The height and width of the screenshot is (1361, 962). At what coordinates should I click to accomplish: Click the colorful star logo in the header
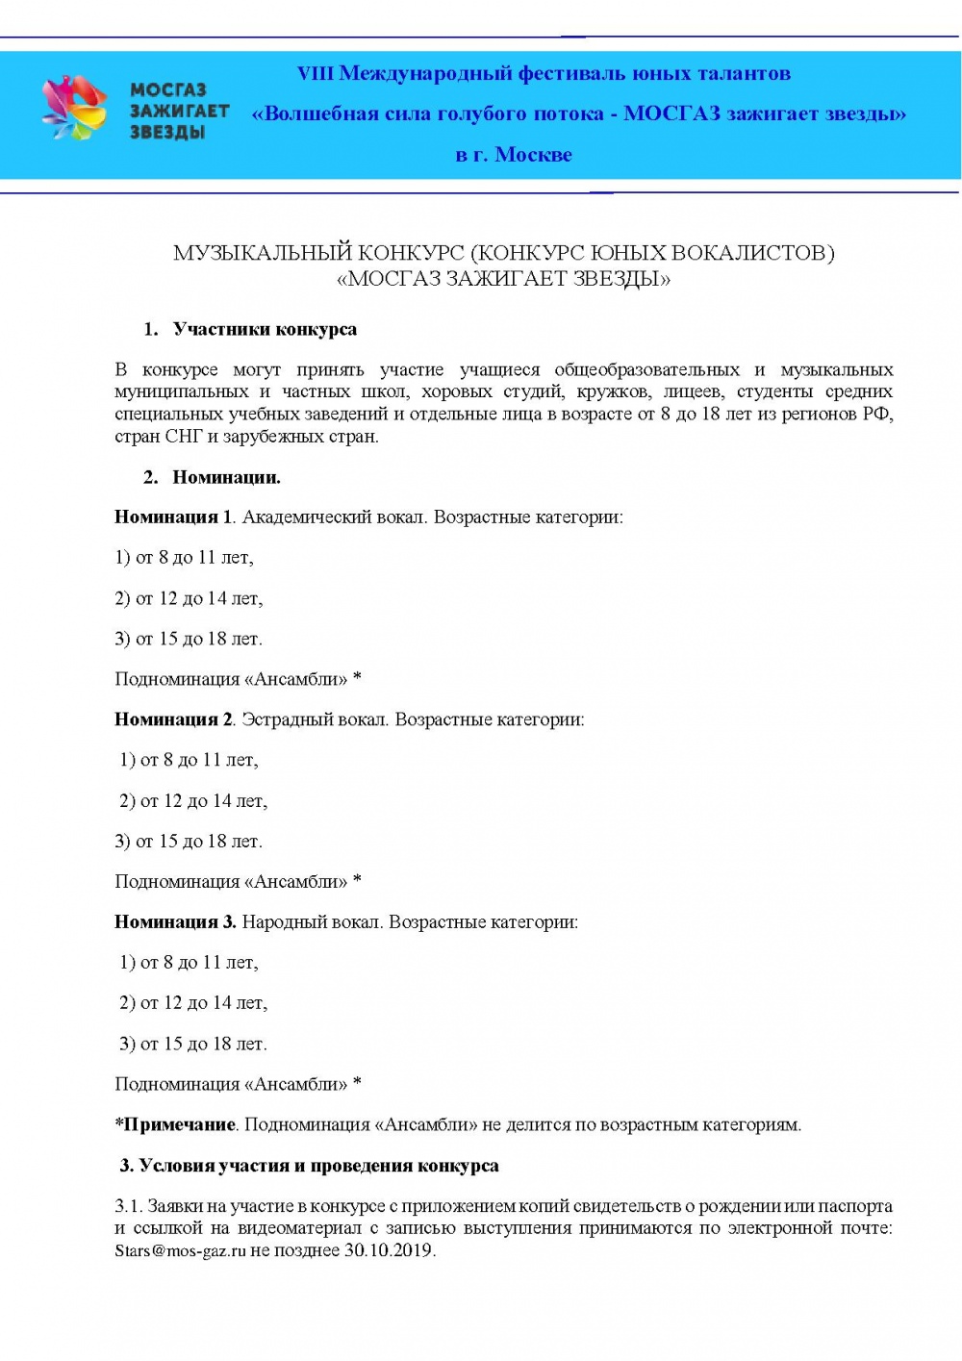click(73, 109)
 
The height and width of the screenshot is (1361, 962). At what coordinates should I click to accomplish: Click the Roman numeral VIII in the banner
click(315, 74)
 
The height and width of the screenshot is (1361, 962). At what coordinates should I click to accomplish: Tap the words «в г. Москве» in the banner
click(513, 155)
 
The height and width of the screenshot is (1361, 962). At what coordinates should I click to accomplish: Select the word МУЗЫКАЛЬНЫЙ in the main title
click(263, 253)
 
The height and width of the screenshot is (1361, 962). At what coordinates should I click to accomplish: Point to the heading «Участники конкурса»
click(265, 330)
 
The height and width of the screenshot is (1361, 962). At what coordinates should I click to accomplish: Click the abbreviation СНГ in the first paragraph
click(184, 437)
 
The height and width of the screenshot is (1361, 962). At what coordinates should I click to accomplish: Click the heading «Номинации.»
click(226, 478)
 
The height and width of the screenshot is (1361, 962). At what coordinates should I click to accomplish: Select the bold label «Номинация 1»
click(173, 517)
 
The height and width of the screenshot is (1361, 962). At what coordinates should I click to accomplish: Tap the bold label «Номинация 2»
click(173, 719)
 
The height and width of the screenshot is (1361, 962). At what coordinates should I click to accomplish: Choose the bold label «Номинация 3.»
click(175, 922)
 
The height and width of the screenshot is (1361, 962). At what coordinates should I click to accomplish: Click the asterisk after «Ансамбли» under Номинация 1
click(358, 678)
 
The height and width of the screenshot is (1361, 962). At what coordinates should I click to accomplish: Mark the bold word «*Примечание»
click(175, 1125)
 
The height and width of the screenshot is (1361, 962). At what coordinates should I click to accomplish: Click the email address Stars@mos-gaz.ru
click(180, 1251)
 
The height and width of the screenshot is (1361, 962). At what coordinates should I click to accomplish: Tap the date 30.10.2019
click(389, 1251)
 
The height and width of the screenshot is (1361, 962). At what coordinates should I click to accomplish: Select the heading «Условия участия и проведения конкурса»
click(318, 1167)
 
